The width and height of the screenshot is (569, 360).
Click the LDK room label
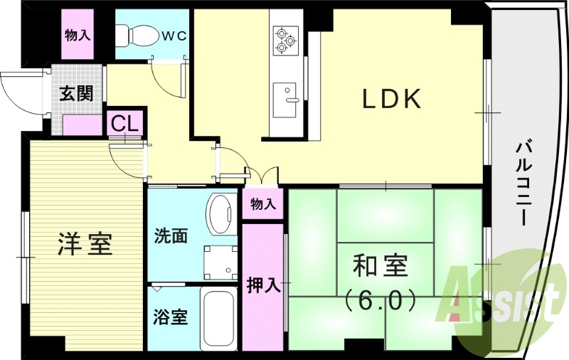click(x=393, y=100)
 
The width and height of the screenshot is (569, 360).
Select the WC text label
click(x=173, y=34)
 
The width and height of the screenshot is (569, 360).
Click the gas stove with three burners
click(x=286, y=39)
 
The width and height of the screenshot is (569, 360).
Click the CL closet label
click(x=124, y=124)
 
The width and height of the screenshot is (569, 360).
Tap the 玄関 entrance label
click(x=75, y=94)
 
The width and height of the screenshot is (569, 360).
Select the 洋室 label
click(x=84, y=244)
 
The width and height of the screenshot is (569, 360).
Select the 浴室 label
click(x=171, y=317)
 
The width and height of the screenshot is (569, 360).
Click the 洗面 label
click(x=171, y=235)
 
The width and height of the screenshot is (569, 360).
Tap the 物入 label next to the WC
click(x=78, y=34)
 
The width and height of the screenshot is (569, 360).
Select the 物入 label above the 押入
click(x=262, y=204)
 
